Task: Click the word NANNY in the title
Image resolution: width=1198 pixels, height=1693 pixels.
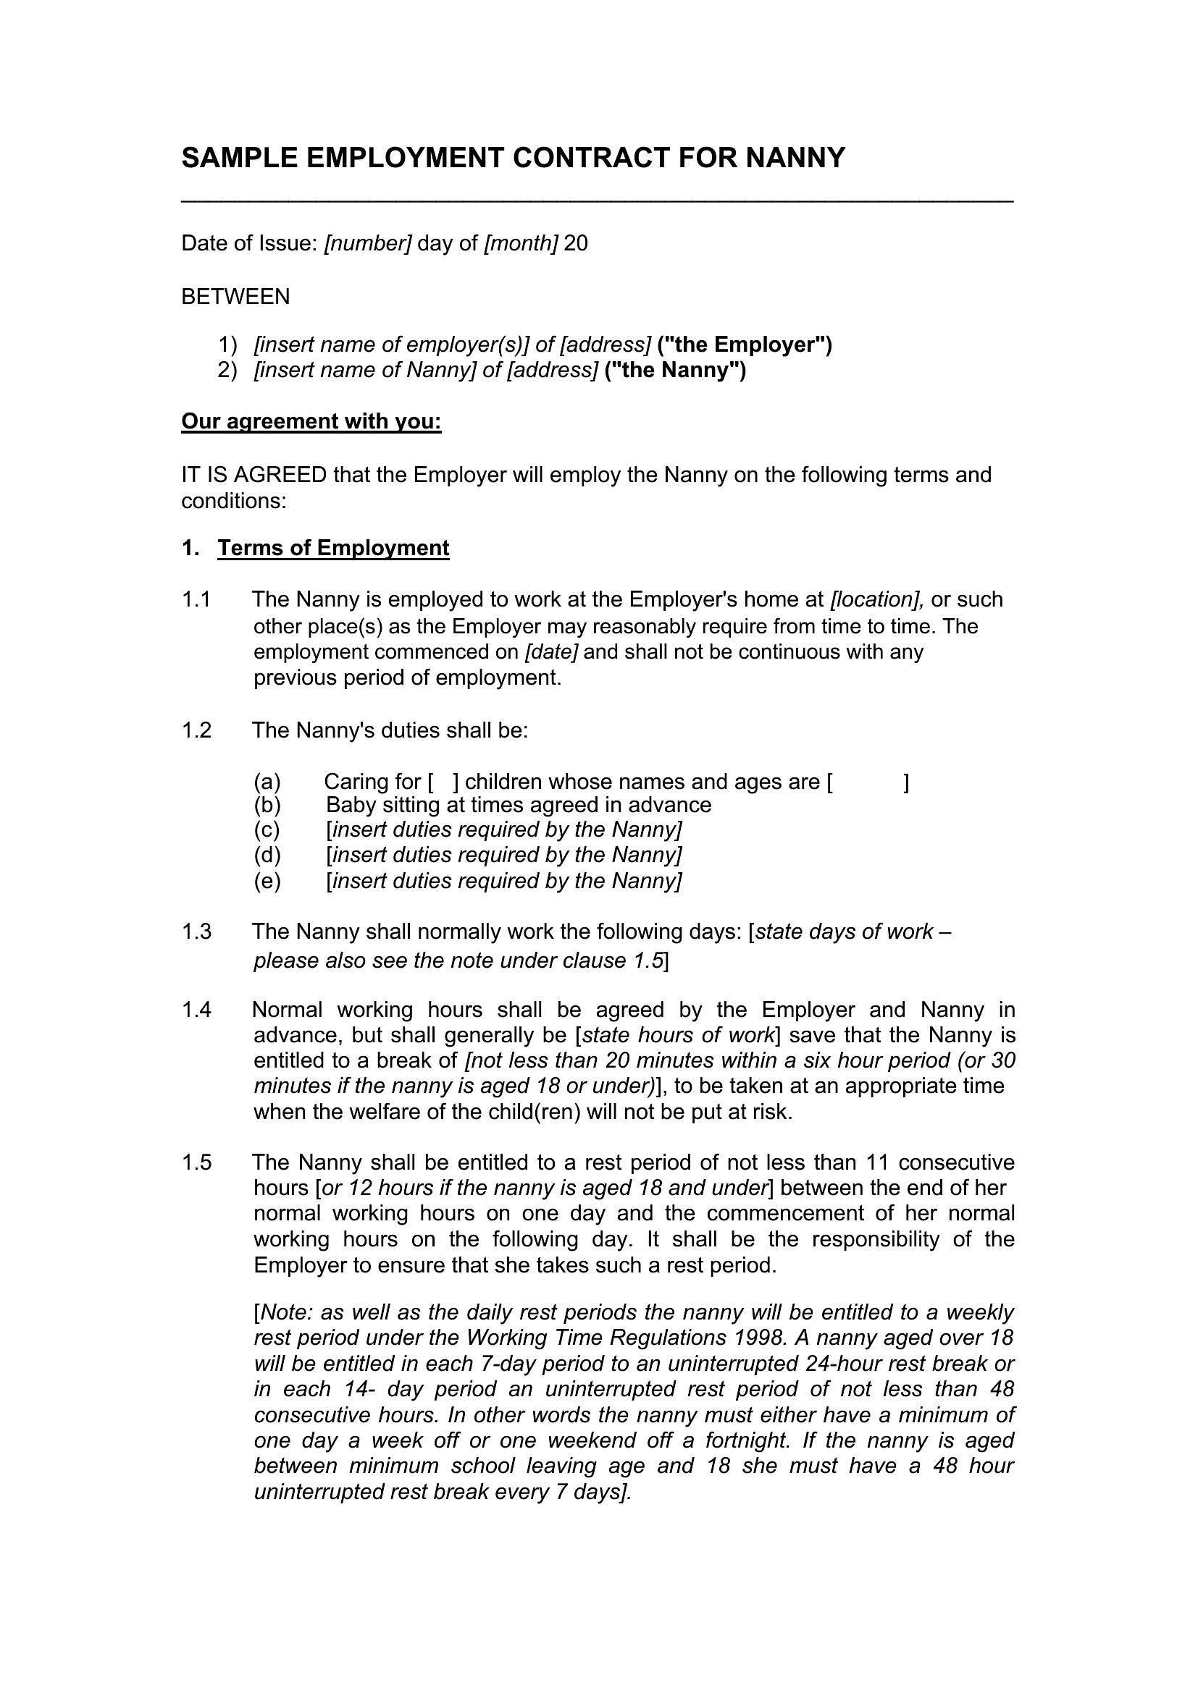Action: tap(796, 159)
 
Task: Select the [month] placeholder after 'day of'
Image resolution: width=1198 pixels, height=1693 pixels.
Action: tap(521, 243)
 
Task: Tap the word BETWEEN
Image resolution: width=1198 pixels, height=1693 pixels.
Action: tap(235, 297)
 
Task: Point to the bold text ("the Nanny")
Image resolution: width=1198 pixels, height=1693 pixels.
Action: tap(675, 370)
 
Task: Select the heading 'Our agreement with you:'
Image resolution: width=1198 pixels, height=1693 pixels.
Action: tap(311, 421)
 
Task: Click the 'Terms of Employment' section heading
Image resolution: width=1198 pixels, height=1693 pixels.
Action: tap(333, 548)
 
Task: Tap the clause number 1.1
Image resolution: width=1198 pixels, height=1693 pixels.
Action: tap(196, 599)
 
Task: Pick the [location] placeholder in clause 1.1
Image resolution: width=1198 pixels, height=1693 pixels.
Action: tap(877, 599)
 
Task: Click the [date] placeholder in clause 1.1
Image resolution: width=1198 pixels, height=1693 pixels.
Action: tap(551, 652)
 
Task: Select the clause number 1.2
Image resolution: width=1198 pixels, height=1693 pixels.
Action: tap(196, 730)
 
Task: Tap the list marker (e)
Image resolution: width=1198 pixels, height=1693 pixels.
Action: tap(267, 881)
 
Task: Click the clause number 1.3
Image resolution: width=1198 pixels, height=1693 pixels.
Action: tap(196, 932)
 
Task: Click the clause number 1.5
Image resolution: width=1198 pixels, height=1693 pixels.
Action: tap(196, 1163)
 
